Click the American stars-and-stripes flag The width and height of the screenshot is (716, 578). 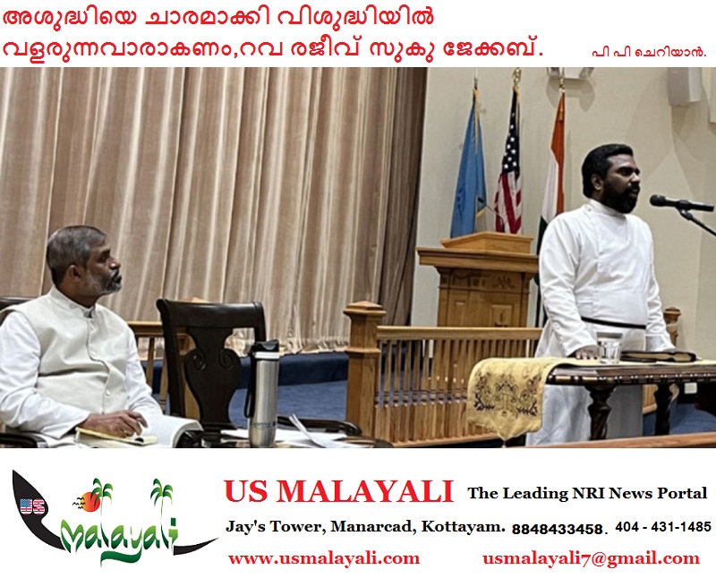(509, 169)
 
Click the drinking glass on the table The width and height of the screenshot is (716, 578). (609, 347)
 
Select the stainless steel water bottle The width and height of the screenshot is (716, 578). (262, 394)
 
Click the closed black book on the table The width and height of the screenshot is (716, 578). (659, 355)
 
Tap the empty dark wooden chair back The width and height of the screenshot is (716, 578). (211, 347)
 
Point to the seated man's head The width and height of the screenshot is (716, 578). (85, 259)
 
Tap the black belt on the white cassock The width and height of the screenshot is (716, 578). (613, 323)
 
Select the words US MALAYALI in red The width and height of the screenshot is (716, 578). (338, 492)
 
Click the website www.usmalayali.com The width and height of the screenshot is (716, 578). (324, 558)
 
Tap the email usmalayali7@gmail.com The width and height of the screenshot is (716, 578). (591, 558)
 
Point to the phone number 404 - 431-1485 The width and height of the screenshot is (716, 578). (663, 527)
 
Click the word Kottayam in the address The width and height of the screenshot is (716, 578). (463, 527)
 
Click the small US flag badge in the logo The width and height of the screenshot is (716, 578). (32, 506)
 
